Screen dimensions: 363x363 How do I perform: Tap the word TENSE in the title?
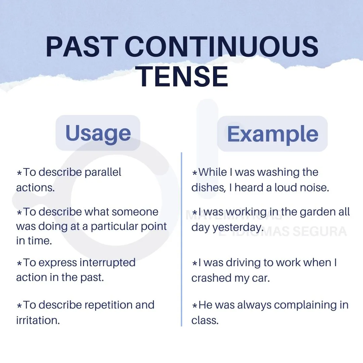182,76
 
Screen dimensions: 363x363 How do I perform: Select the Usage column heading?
98,133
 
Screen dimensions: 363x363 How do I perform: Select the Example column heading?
273,134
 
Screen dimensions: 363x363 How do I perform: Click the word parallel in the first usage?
103,172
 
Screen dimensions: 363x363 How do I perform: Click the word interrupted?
108,263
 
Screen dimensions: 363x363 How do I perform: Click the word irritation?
38,321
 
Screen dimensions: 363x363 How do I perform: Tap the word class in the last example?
205,321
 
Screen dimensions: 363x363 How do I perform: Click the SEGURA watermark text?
320,232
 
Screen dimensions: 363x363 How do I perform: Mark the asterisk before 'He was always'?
195,306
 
